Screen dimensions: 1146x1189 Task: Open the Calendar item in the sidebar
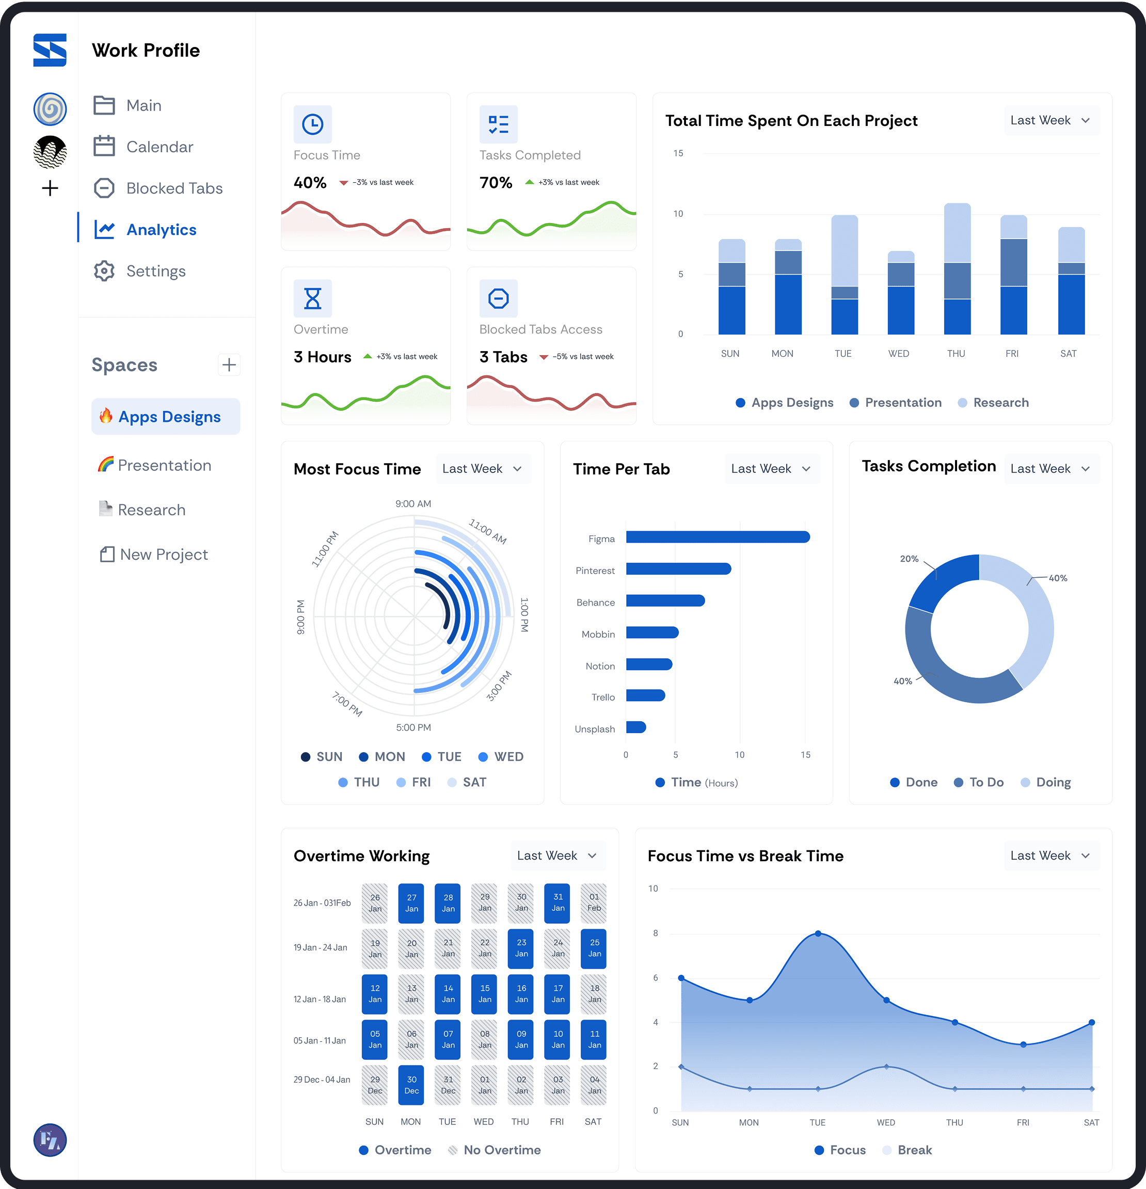143,147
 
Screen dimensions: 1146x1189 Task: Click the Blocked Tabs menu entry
158,188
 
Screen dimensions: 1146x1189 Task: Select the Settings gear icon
104,271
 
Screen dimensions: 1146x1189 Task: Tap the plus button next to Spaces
229,364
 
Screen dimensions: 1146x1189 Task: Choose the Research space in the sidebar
142,510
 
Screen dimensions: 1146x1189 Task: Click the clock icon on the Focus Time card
312,124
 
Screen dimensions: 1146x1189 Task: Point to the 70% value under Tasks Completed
496,183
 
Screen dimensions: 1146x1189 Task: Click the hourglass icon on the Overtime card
312,298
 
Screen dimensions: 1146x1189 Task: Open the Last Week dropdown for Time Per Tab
772,469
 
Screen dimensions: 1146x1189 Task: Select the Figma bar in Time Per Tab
718,537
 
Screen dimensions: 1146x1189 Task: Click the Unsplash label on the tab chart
595,729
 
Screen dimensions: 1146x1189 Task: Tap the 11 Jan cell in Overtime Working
595,1039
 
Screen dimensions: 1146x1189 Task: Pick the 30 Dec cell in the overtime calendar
411,1085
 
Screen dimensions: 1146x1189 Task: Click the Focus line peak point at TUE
818,933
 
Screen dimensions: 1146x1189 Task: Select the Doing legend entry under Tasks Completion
1046,783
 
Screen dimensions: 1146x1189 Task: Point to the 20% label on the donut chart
909,559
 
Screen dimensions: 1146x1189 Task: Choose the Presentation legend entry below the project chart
896,403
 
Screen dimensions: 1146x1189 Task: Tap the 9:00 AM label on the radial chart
413,503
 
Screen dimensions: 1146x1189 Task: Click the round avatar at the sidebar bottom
50,1140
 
